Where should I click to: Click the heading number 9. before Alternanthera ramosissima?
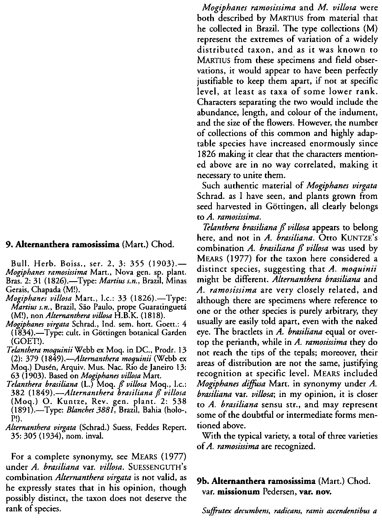(8, 244)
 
